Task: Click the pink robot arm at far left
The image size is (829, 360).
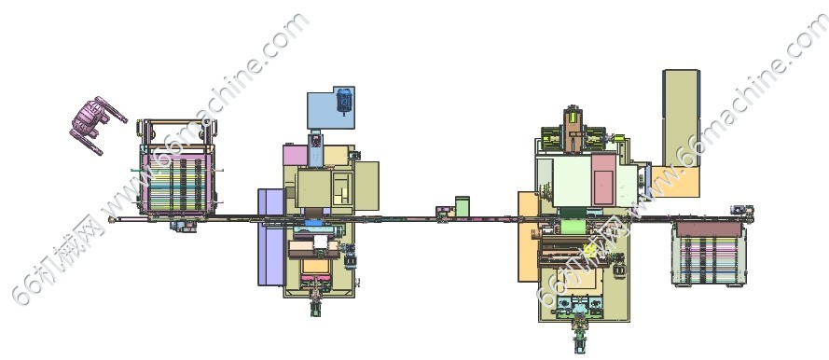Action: [x=94, y=124]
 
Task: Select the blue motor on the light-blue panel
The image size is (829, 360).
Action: [x=344, y=101]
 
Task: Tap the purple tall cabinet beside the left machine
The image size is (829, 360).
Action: [x=270, y=237]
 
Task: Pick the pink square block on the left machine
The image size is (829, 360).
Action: [x=295, y=156]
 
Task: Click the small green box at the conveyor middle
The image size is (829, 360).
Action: [x=463, y=206]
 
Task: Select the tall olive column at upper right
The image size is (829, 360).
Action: [x=681, y=118]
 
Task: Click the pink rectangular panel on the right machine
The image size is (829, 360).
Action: [x=602, y=180]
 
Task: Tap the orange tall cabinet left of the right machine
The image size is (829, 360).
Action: [x=528, y=236]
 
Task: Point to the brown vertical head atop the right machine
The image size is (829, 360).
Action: [x=572, y=129]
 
